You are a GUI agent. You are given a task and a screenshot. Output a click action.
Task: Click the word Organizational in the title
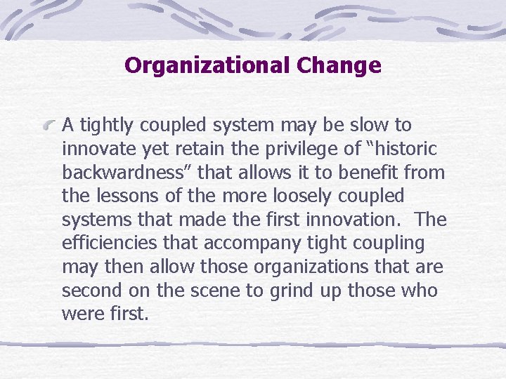tap(207, 66)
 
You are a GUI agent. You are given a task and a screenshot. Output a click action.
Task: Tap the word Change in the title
tap(339, 66)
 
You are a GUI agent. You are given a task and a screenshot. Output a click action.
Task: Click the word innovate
tap(96, 149)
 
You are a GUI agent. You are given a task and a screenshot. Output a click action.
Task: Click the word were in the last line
tap(81, 314)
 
